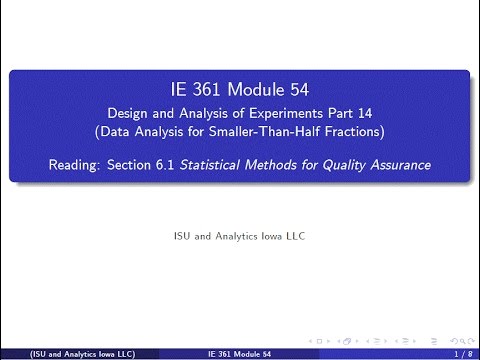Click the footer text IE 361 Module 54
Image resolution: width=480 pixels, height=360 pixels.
[239, 354]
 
